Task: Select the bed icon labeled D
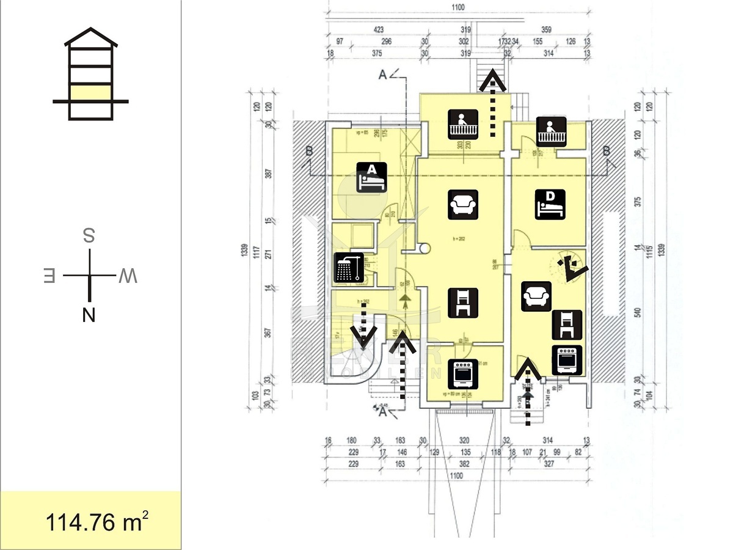pyautogui.click(x=550, y=205)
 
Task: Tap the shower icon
pyautogui.click(x=349, y=268)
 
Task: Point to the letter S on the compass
pyautogui.click(x=89, y=236)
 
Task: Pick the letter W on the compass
pyautogui.click(x=128, y=276)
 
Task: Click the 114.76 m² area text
pyautogui.click(x=97, y=522)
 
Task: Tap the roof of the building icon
pyautogui.click(x=90, y=37)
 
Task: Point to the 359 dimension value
pyautogui.click(x=546, y=29)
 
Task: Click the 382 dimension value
pyautogui.click(x=464, y=464)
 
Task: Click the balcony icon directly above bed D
pyautogui.click(x=552, y=131)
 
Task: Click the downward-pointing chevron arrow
pyautogui.click(x=365, y=335)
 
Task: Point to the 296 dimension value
pyautogui.click(x=385, y=42)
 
